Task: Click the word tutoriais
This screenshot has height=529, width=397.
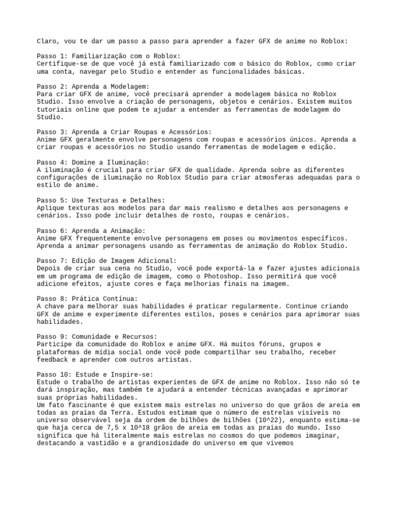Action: pyautogui.click(x=56, y=110)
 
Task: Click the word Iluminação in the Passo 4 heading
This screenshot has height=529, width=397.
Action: pyautogui.click(x=126, y=162)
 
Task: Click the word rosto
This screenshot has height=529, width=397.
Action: pyautogui.click(x=189, y=215)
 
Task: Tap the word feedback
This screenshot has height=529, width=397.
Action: pyautogui.click(x=54, y=359)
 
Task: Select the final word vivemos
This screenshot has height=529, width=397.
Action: pyautogui.click(x=278, y=443)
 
